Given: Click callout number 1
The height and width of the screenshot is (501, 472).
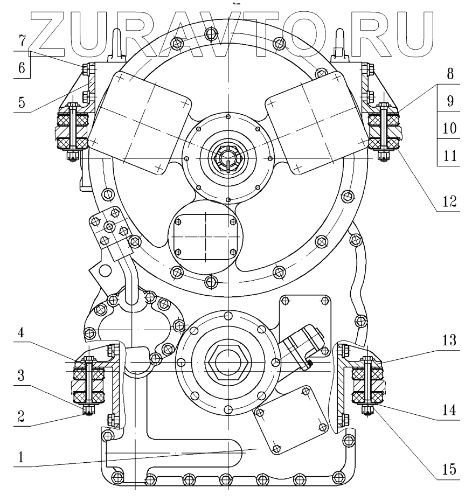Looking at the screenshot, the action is pyautogui.click(x=20, y=457).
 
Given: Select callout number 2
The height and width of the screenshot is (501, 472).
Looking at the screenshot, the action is pyautogui.click(x=20, y=416).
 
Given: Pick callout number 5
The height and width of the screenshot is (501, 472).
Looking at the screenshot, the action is pyautogui.click(x=20, y=102).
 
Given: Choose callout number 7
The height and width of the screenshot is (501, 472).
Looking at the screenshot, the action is pyautogui.click(x=20, y=40).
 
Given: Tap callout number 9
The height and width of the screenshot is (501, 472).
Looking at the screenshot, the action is pyautogui.click(x=450, y=101).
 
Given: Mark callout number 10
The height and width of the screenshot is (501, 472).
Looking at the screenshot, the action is pyautogui.click(x=450, y=128).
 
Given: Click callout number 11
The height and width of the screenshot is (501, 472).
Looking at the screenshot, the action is pyautogui.click(x=450, y=156).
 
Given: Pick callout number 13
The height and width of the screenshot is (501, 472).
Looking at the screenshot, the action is pyautogui.click(x=450, y=340).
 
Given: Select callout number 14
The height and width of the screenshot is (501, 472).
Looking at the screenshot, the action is pyautogui.click(x=450, y=410).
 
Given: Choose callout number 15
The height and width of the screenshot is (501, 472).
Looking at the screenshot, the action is pyautogui.click(x=450, y=468).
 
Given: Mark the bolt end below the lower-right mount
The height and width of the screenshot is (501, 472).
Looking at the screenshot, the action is pyautogui.click(x=367, y=413).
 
